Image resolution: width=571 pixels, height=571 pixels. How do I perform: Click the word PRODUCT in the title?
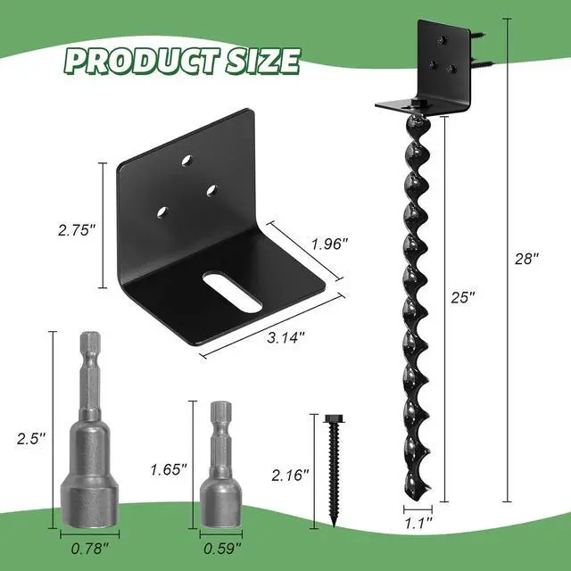click(x=143, y=61)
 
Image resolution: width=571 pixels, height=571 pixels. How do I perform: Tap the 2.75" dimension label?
click(x=77, y=230)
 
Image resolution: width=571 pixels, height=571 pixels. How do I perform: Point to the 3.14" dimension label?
click(x=285, y=337)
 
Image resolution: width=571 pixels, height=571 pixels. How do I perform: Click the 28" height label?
click(x=526, y=259)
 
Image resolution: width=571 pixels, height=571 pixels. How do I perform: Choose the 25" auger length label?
click(x=463, y=297)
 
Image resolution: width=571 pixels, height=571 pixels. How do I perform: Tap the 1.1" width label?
click(x=418, y=524)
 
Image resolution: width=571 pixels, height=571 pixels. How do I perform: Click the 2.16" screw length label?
click(x=290, y=476)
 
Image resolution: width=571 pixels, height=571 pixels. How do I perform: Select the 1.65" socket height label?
click(x=169, y=470)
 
